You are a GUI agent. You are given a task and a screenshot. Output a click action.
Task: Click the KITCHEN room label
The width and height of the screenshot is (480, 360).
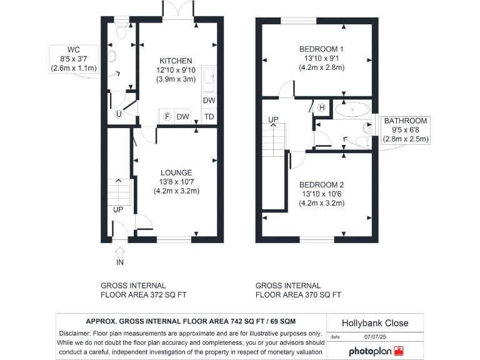[176, 61]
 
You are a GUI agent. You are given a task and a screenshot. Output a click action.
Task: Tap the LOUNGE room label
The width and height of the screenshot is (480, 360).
[176, 172]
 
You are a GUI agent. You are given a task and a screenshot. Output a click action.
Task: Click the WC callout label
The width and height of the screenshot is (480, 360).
[73, 50]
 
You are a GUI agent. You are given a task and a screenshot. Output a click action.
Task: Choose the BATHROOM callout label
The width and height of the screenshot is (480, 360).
[406, 121]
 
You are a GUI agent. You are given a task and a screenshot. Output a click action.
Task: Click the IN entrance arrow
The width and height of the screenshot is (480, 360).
[120, 253]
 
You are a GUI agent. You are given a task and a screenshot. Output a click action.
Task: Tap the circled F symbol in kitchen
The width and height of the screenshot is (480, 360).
[167, 117]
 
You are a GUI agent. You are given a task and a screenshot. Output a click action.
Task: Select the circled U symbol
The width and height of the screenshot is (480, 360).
[119, 114]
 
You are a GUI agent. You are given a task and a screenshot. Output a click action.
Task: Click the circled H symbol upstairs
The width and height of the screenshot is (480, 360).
[322, 107]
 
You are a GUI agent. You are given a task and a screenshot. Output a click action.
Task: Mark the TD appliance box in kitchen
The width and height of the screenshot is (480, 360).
[209, 117]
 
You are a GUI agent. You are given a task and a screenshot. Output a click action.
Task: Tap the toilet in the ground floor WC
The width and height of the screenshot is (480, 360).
[122, 36]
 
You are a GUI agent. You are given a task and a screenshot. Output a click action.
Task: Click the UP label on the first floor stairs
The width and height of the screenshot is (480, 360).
[273, 119]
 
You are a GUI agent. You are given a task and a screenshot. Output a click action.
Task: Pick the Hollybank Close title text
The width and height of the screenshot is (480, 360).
[374, 323]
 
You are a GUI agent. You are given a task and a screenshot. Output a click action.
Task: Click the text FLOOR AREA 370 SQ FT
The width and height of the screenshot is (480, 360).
[298, 294]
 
